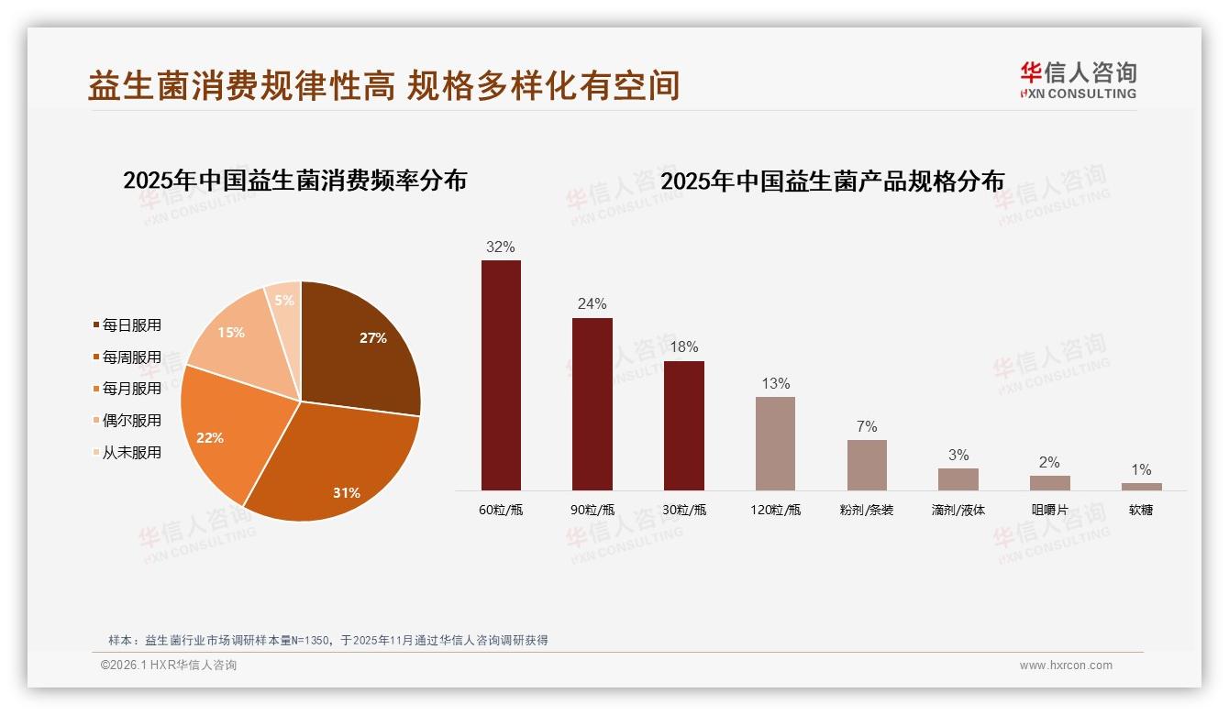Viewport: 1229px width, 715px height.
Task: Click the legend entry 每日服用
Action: [131, 325]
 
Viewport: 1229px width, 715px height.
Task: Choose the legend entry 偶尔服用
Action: [131, 421]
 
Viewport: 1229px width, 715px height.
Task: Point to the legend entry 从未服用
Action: [131, 453]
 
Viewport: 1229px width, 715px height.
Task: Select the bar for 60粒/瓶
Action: [501, 376]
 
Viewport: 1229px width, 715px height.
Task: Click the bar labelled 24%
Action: [592, 404]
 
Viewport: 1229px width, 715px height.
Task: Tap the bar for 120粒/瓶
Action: [775, 444]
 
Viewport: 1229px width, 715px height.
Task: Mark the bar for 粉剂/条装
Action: [867, 465]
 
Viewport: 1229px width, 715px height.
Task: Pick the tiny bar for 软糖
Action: [1141, 487]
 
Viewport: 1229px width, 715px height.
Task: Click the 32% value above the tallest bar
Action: [501, 247]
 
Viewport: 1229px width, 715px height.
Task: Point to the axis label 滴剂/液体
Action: [958, 510]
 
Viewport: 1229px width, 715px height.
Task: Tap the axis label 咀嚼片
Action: [1049, 510]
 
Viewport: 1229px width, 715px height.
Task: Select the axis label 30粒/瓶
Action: [684, 510]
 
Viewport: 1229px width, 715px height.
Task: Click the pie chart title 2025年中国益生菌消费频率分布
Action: [294, 181]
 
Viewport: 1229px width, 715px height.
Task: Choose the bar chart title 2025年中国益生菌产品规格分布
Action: [832, 181]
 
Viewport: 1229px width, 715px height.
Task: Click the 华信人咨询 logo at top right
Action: [1078, 80]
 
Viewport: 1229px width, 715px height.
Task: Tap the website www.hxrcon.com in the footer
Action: [1066, 665]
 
